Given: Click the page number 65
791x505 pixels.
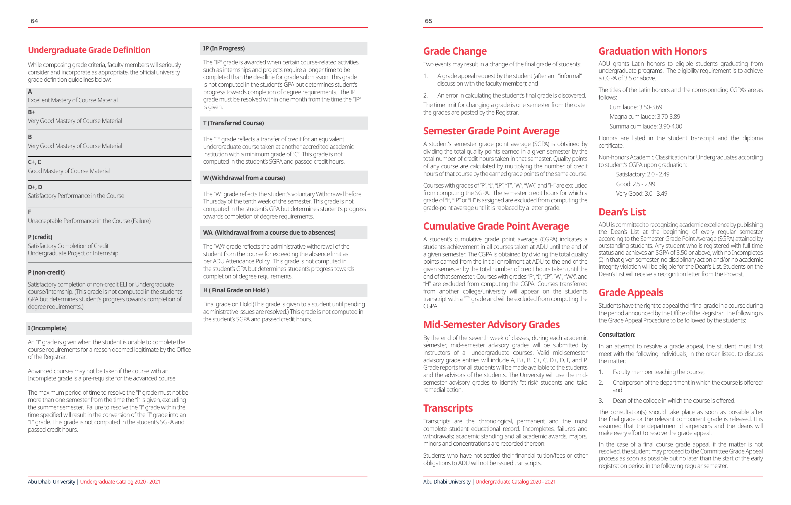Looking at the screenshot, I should (x=428, y=21).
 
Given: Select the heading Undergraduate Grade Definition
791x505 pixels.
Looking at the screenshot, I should (x=89, y=50).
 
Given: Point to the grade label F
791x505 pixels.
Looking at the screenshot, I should (x=30, y=212).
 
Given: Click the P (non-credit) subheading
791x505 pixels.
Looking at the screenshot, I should (x=46, y=272).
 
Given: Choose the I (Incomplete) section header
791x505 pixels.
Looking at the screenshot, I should (x=47, y=328).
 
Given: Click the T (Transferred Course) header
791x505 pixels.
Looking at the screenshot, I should (x=234, y=123).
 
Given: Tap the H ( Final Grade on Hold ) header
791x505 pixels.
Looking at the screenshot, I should (x=236, y=290).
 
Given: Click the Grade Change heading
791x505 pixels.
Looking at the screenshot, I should (x=455, y=51).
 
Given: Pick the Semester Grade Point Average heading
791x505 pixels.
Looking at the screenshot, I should (x=491, y=131).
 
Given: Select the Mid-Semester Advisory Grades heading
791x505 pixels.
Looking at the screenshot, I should (x=491, y=324).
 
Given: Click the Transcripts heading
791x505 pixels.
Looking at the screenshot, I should (x=448, y=408).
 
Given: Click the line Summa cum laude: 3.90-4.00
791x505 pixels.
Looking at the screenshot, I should (x=645, y=126).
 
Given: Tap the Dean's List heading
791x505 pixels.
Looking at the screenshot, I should (x=622, y=212).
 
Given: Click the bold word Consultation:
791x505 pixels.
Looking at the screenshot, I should (x=617, y=334).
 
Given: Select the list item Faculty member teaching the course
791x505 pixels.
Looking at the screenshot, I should (x=658, y=372).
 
